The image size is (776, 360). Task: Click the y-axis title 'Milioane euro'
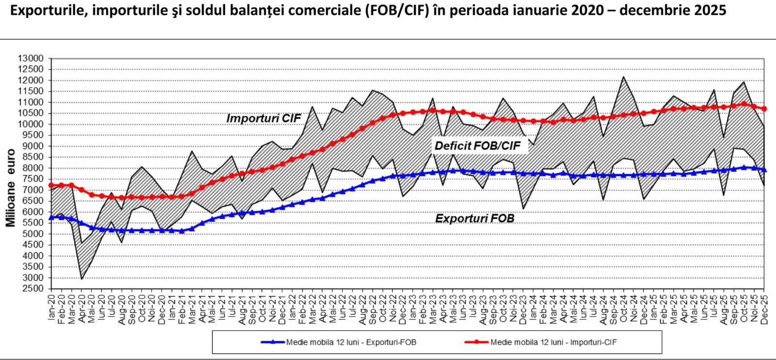point(11,188)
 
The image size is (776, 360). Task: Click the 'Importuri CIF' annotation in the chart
point(263,118)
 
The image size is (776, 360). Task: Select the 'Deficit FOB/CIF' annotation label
point(477,146)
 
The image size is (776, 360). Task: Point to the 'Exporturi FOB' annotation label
point(474,218)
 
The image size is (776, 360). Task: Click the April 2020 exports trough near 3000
point(81,278)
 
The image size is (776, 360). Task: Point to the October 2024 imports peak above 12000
point(623,77)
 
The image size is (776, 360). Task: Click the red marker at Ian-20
point(51,185)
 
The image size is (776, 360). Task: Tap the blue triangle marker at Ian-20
point(51,218)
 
